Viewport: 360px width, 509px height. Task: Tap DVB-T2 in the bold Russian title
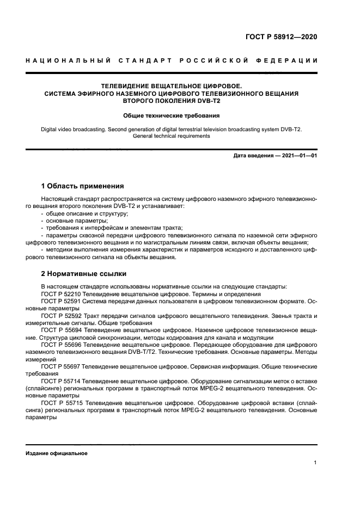click(x=203, y=101)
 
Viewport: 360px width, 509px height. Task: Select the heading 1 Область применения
click(x=83, y=186)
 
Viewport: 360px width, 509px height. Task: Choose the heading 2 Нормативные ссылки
click(x=84, y=273)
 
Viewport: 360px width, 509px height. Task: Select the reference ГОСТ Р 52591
click(x=60, y=301)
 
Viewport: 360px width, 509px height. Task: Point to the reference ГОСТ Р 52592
click(x=60, y=316)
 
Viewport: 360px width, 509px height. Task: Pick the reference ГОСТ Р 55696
click(x=60, y=345)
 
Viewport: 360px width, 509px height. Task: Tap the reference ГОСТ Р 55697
click(x=60, y=366)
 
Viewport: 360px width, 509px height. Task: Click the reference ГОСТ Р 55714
click(x=60, y=381)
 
